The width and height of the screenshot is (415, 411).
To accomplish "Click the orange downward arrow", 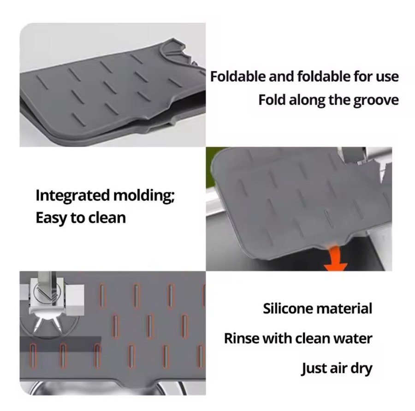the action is click(x=336, y=258).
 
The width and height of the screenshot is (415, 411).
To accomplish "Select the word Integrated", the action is click(x=72, y=196).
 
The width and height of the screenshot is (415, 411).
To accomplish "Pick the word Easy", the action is click(x=51, y=219).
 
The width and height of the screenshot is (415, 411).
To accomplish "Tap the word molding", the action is click(x=144, y=196).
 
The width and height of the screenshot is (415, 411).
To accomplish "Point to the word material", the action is click(x=344, y=309).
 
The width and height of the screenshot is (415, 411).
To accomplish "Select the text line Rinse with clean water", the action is click(x=298, y=338).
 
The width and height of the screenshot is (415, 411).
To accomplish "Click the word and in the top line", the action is click(x=281, y=77).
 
